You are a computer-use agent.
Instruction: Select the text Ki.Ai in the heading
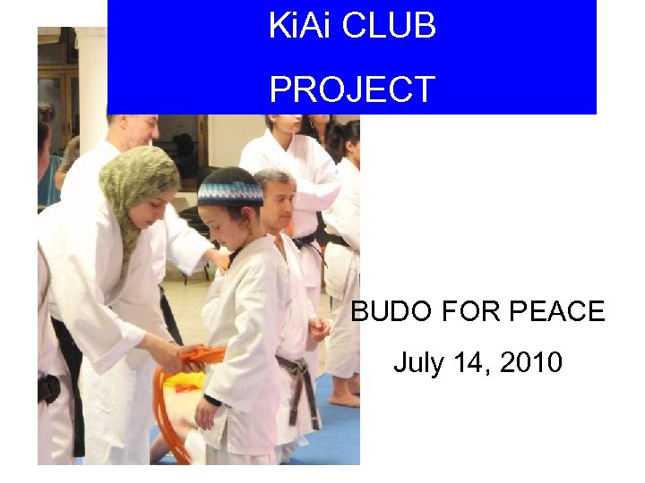coord(302,26)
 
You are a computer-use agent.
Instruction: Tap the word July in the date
coord(417,363)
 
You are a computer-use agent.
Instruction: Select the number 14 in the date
coord(463,363)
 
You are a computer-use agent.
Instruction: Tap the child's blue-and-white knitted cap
coord(229,190)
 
